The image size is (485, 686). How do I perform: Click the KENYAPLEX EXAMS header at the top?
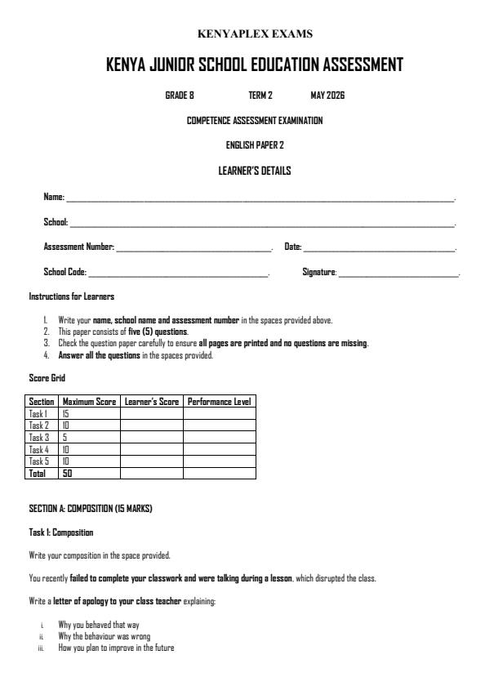tap(255, 34)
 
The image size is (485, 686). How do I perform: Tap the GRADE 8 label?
tap(180, 96)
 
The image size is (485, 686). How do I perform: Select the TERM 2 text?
tap(260, 96)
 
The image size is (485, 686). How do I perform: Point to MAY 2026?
tap(327, 96)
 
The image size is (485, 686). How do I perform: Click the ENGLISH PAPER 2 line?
tap(254, 145)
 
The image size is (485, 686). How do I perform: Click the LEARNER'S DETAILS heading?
tap(254, 171)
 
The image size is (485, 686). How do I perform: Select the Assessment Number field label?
tap(78, 247)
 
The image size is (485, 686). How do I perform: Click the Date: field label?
tap(293, 247)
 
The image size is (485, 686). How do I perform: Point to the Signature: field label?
tap(319, 272)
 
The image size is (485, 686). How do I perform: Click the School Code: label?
tap(65, 272)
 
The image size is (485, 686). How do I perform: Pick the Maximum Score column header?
tap(89, 402)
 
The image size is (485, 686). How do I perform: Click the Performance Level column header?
tap(219, 402)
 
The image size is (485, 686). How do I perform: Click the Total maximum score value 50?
tap(68, 473)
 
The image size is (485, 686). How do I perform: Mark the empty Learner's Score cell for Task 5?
tap(151, 461)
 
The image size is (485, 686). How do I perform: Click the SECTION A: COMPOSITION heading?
tap(91, 510)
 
